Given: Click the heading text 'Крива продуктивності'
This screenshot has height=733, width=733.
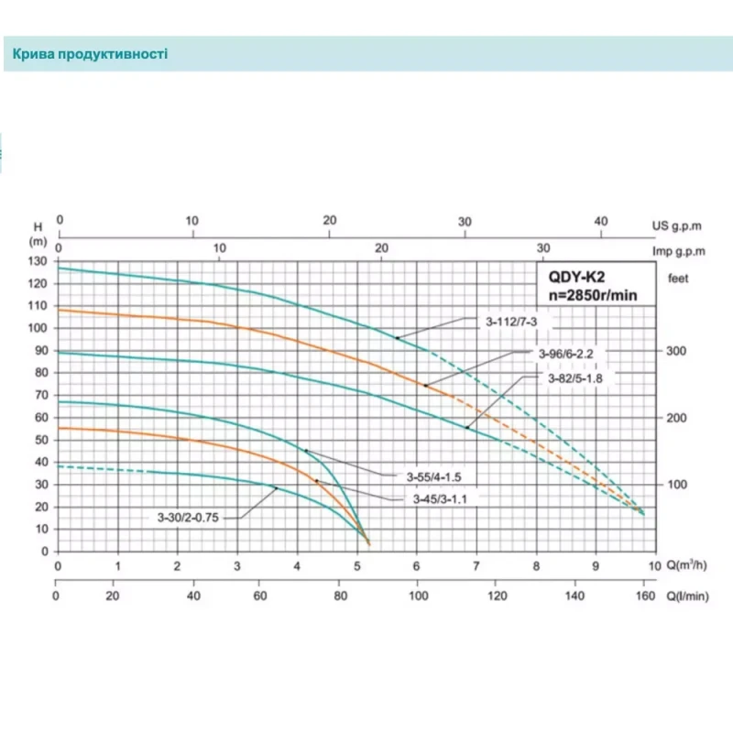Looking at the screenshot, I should (x=90, y=54).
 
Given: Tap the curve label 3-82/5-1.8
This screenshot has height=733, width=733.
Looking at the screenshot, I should (x=575, y=377).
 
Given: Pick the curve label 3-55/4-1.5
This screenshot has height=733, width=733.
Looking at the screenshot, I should (x=433, y=476).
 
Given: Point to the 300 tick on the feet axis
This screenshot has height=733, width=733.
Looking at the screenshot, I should (x=676, y=351).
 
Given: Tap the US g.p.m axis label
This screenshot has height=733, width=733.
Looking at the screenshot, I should (x=679, y=224).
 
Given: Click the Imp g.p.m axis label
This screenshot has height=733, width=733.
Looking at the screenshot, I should (x=679, y=249).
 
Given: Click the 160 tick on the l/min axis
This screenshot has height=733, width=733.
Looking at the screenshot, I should (x=644, y=596).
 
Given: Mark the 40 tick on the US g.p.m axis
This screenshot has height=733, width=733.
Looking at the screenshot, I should (x=601, y=221).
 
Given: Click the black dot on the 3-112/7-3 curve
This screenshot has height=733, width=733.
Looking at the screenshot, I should (x=398, y=338).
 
